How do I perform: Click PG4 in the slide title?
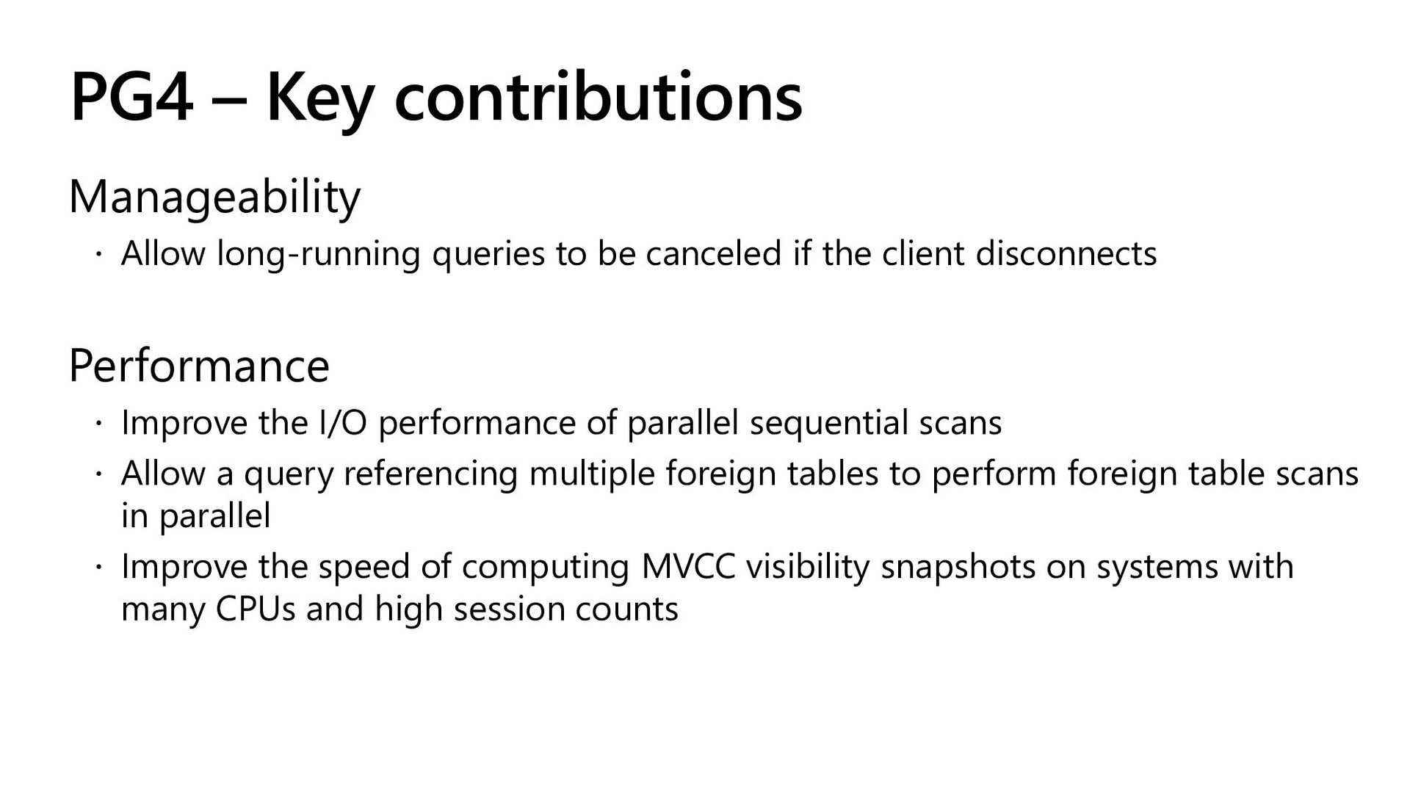(x=131, y=98)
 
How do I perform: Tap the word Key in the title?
(x=319, y=103)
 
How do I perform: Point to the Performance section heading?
(x=199, y=366)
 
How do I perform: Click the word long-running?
(x=319, y=255)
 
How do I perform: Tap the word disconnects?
(x=1066, y=253)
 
